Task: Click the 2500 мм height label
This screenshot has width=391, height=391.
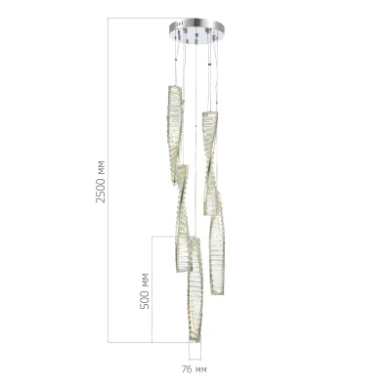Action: point(101,181)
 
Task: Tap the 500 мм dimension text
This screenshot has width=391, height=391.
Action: point(145,290)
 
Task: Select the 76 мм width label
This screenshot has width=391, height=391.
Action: point(195,369)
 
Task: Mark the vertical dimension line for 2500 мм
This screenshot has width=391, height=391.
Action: point(109,181)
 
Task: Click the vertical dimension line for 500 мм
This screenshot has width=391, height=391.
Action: point(152,289)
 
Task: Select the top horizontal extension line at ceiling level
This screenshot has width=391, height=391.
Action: point(137,18)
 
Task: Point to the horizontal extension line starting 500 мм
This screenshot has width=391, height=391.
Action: point(166,236)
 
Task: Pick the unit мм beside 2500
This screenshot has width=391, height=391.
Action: point(101,165)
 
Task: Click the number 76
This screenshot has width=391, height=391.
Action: point(187,369)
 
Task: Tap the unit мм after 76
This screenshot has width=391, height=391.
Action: point(200,369)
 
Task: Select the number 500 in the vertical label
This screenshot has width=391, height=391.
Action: point(145,299)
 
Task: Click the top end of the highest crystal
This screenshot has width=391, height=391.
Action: point(174,87)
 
